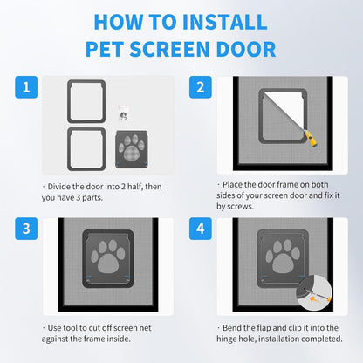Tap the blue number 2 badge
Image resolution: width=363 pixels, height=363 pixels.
[199, 86]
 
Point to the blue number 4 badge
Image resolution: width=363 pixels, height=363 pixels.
[199, 229]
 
